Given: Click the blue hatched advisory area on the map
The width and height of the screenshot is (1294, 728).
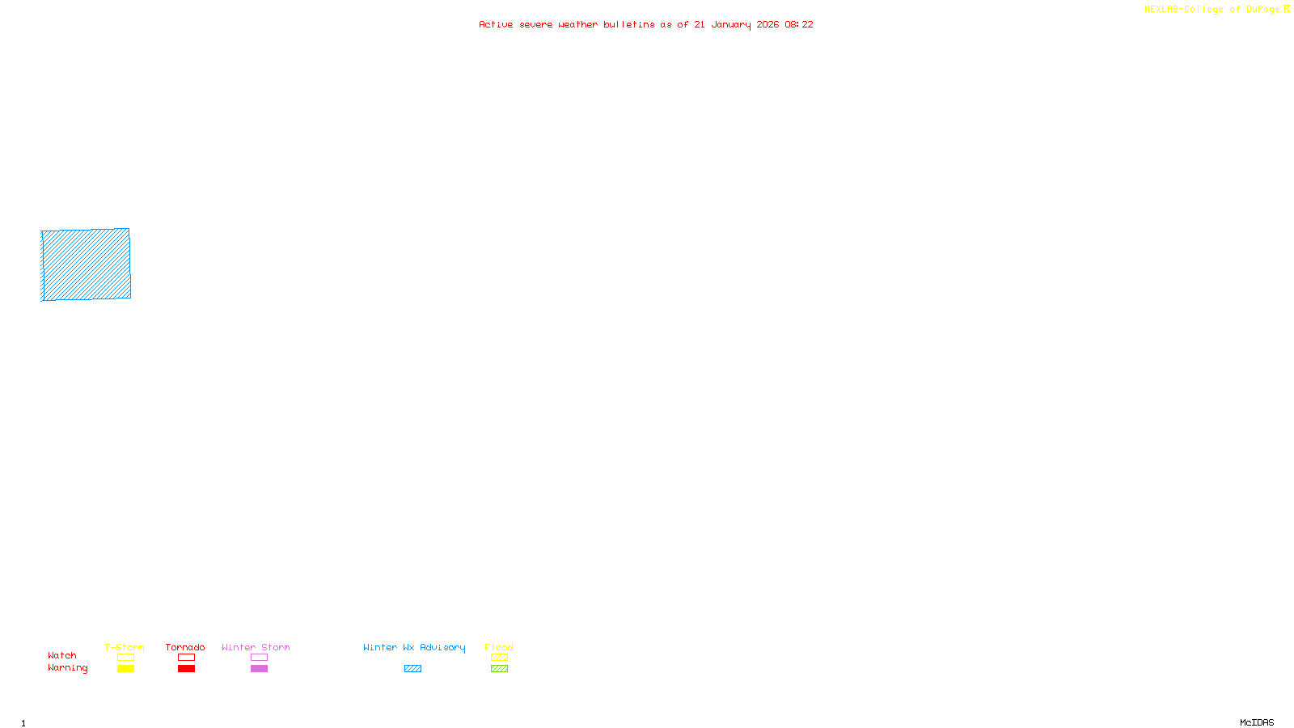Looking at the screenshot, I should (x=86, y=265).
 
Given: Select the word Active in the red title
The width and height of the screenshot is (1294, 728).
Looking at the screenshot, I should (x=496, y=24).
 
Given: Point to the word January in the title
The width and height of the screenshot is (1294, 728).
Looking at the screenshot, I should (x=730, y=25).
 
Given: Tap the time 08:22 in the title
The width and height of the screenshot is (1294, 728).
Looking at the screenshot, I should (x=799, y=24).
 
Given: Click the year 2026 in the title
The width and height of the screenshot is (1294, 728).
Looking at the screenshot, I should (x=768, y=24).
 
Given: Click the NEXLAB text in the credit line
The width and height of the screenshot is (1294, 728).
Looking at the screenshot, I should (x=1161, y=10).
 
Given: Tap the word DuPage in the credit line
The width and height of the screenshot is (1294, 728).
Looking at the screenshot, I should (x=1262, y=10).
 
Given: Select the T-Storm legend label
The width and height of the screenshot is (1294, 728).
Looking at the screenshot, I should (x=125, y=647).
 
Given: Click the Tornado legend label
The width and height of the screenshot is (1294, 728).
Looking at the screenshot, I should (x=185, y=647).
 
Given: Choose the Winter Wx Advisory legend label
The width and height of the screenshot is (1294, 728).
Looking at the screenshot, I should (x=414, y=647).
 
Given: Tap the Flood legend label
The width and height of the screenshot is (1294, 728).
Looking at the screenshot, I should (x=499, y=647).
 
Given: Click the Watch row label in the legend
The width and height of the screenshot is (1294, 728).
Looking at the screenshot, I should (x=62, y=655).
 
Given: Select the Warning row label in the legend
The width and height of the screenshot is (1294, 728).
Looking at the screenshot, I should (x=67, y=668).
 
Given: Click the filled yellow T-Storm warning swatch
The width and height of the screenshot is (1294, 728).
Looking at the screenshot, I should (x=125, y=669).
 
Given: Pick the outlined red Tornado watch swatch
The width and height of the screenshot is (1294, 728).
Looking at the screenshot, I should (x=186, y=658).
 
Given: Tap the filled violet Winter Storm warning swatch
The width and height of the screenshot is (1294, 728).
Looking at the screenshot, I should (x=259, y=669).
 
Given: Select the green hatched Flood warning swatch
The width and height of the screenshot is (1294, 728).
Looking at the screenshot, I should (x=499, y=669).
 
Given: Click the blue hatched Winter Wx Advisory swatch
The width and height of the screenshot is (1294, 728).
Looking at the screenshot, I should (x=412, y=669).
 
